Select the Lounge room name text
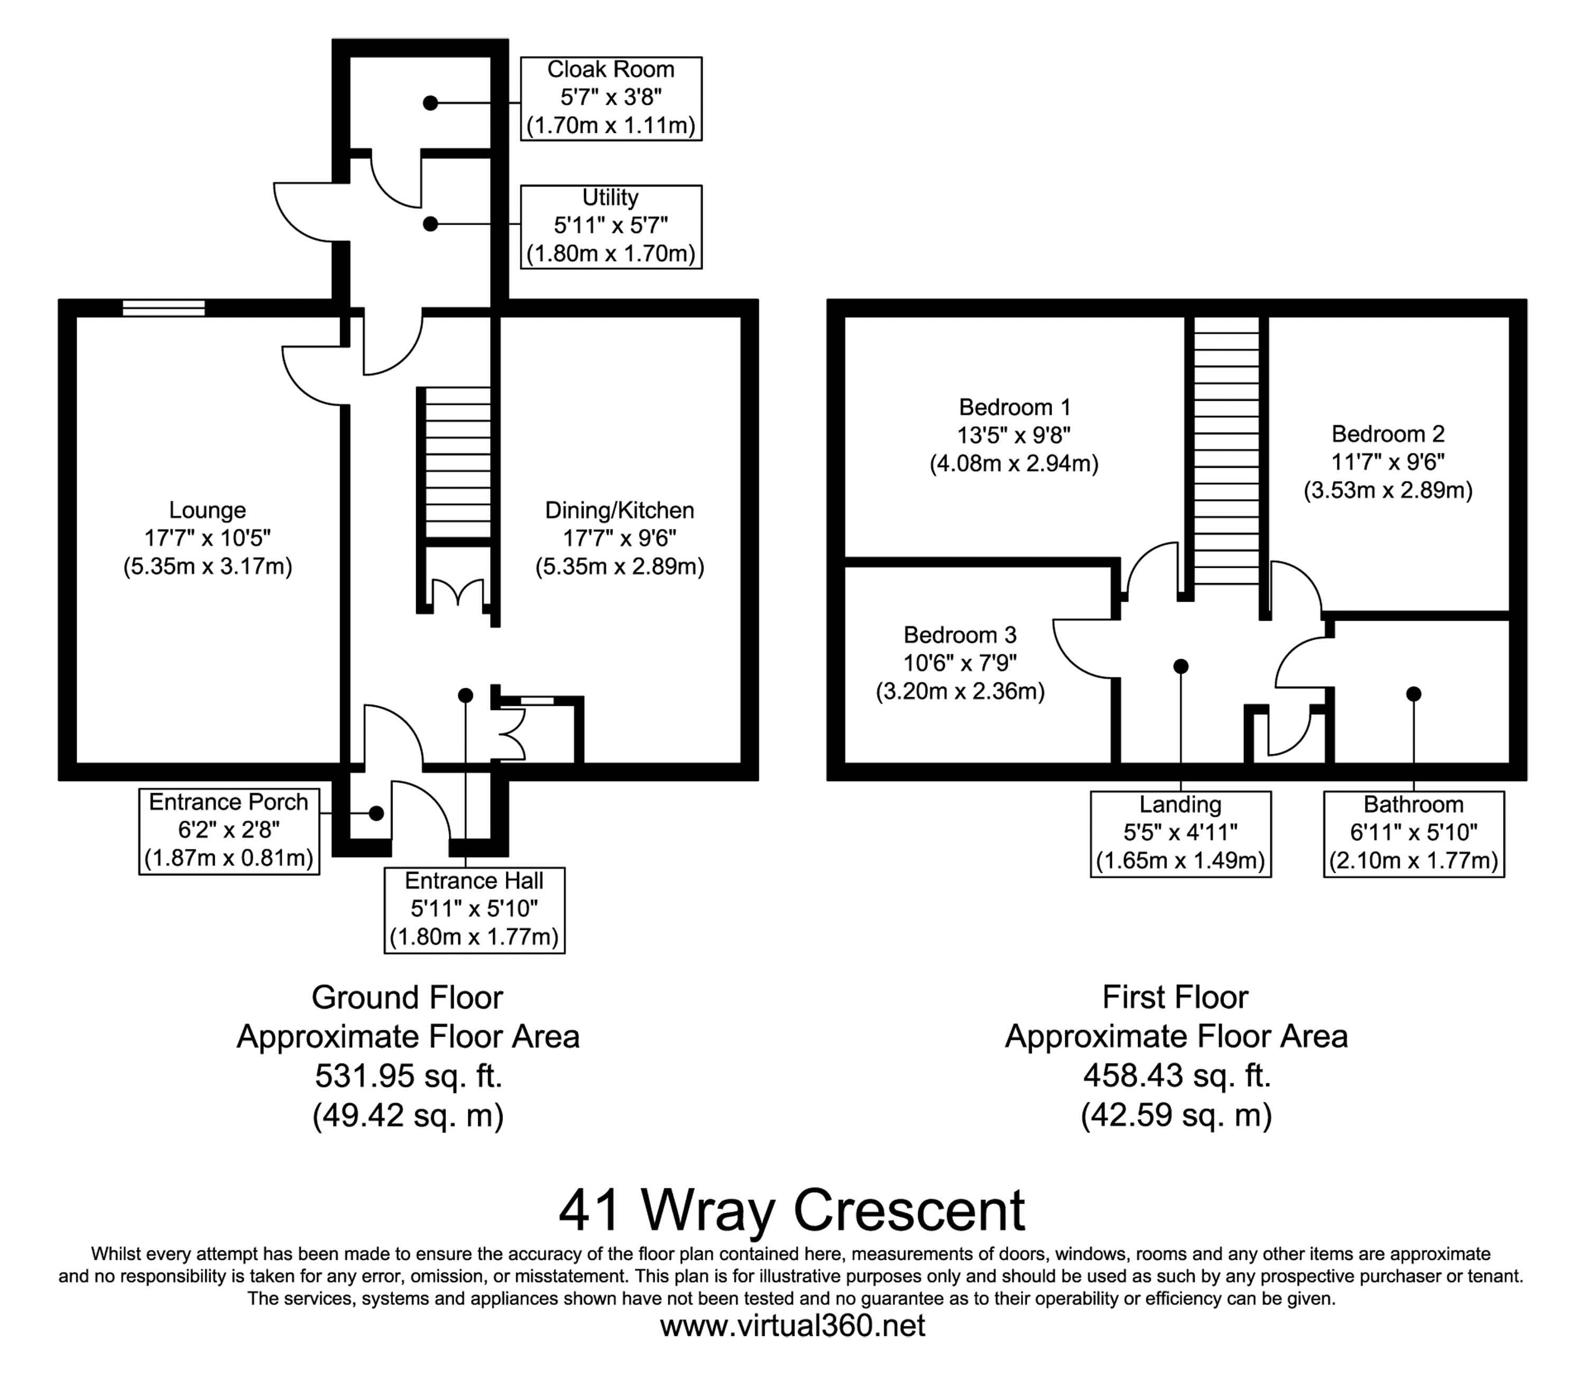point(207,510)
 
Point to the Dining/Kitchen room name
point(619,510)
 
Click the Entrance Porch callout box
point(229,832)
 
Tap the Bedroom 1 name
point(1015,407)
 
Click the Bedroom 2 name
point(1388,435)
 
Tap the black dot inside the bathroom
point(1413,694)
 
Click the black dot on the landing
point(1181,666)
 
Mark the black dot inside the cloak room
point(430,103)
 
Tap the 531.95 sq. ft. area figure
point(408,1076)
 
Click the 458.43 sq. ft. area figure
point(1177,1076)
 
